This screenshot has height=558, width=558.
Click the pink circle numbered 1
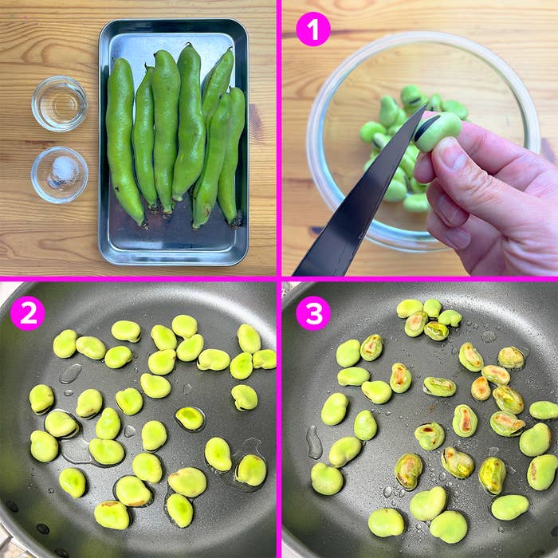click(313, 29)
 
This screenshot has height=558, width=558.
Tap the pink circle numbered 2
click(28, 313)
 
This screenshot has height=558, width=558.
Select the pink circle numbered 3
click(313, 313)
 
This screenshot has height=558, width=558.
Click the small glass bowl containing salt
click(59, 173)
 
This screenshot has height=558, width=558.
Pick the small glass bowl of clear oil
click(59, 104)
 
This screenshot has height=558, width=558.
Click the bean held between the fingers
click(438, 130)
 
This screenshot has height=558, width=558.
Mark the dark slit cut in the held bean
click(427, 126)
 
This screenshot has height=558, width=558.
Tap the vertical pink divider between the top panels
click(278, 136)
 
